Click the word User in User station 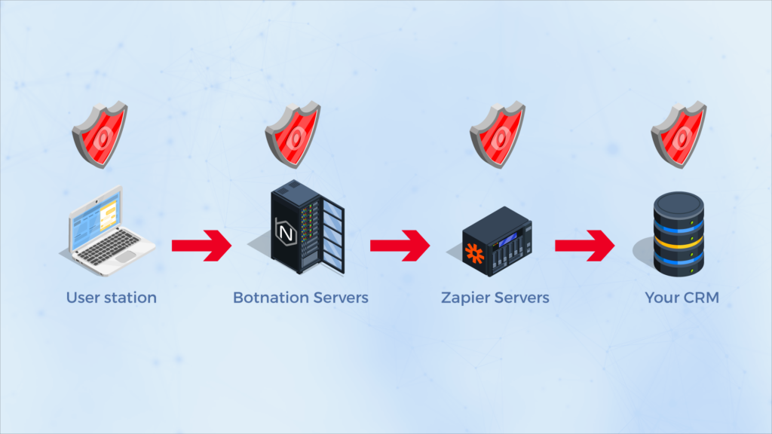[x=82, y=298]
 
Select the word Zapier [x=465, y=298]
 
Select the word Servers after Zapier [x=522, y=298]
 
